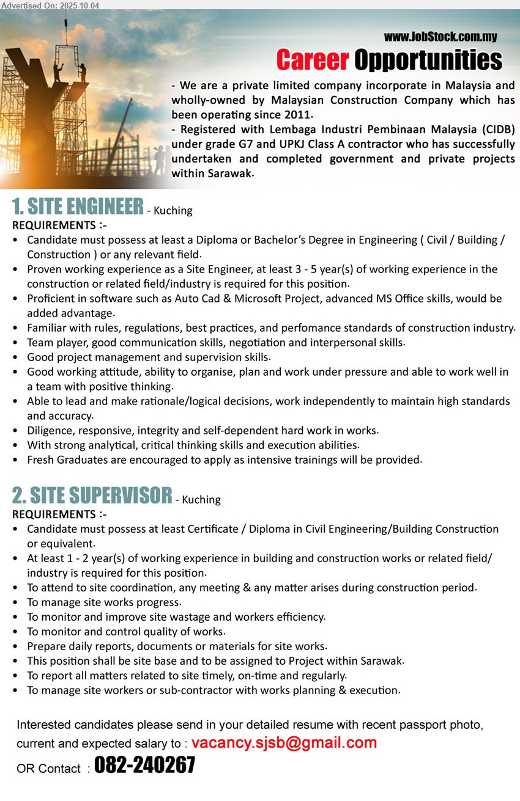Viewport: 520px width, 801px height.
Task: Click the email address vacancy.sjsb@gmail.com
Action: click(x=284, y=743)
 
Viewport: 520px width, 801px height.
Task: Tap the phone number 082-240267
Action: click(x=145, y=766)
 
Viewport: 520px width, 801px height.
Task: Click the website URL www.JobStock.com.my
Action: click(x=440, y=37)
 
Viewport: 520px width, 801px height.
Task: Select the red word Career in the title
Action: click(x=312, y=60)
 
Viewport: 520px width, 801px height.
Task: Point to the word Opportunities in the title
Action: click(x=428, y=60)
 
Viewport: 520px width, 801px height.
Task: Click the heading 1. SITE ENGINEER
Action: click(x=78, y=207)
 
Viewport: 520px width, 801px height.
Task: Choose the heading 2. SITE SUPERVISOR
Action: click(x=92, y=496)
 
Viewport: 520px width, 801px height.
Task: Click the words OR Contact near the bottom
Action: click(x=48, y=769)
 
